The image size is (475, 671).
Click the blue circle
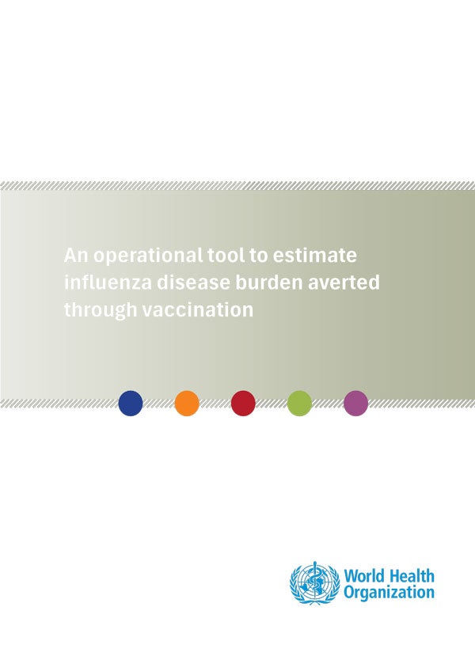(x=131, y=403)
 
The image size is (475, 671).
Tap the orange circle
(x=187, y=403)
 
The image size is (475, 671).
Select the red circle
(x=243, y=403)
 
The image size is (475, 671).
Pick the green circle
(x=299, y=403)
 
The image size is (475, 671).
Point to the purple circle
(x=356, y=403)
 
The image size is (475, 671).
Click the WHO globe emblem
(x=315, y=583)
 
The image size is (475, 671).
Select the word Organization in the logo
(x=389, y=593)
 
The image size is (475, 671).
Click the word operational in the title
(x=148, y=256)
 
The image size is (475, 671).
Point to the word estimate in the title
(x=315, y=256)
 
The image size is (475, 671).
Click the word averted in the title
(x=344, y=282)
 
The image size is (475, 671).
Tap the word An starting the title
(x=76, y=256)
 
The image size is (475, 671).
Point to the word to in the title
(x=259, y=256)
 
